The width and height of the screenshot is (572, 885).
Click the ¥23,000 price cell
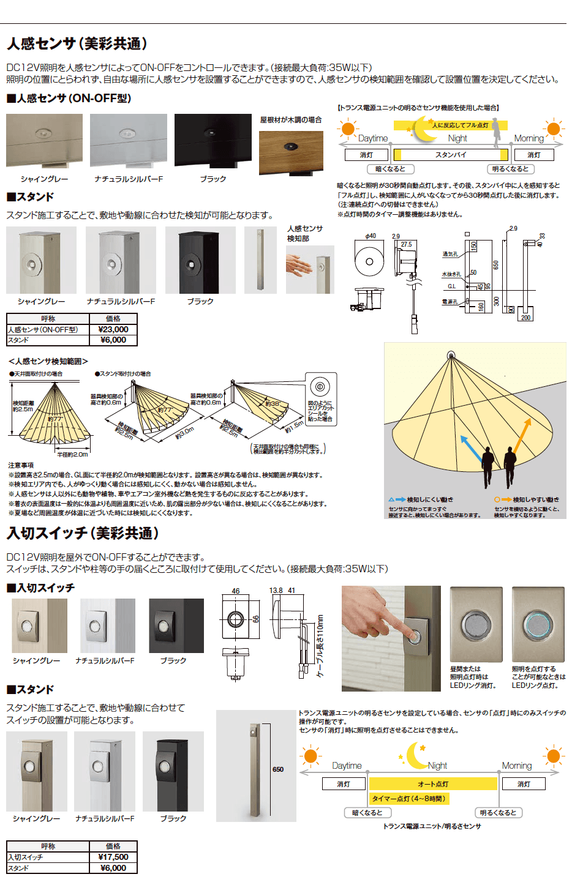(x=113, y=329)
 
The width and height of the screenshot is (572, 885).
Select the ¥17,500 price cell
(x=113, y=857)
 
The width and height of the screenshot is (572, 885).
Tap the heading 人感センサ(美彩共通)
(x=77, y=43)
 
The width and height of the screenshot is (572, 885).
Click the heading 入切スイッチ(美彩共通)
(x=83, y=533)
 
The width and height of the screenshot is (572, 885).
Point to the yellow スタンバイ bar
(x=451, y=155)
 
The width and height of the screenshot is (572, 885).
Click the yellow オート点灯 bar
(x=433, y=784)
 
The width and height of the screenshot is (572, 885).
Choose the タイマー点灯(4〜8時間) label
(x=409, y=799)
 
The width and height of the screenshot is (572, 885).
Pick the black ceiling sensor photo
(x=213, y=140)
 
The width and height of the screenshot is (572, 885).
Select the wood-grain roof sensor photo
(x=291, y=152)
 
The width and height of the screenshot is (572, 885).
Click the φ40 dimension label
(x=371, y=236)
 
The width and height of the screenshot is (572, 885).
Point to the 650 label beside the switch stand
(x=278, y=769)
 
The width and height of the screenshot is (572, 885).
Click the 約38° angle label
(x=272, y=404)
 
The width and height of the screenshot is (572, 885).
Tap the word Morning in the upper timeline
(x=529, y=138)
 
